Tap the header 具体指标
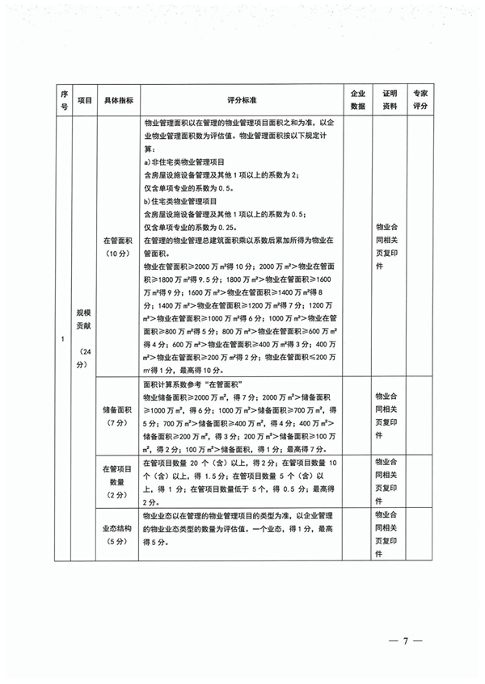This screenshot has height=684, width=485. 118,99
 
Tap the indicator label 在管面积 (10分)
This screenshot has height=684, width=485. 118,246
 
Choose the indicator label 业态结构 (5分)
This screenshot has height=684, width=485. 118,533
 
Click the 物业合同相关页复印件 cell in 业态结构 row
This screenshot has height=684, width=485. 390,534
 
